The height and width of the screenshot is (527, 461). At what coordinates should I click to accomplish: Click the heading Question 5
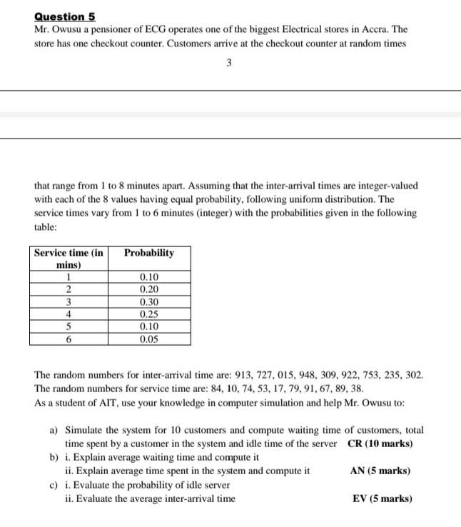[65, 16]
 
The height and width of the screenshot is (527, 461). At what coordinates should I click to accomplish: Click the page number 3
[228, 63]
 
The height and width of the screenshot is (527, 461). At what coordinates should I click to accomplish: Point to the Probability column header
[148, 254]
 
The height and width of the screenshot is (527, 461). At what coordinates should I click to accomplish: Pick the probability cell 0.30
[149, 301]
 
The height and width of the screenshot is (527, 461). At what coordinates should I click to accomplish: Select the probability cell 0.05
[149, 339]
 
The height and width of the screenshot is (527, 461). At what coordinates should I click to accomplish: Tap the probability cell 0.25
[149, 314]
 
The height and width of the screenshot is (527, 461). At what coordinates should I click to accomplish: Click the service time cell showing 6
[69, 339]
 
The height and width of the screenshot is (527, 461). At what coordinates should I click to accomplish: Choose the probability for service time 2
[149, 289]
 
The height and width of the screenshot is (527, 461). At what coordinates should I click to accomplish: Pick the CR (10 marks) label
[380, 443]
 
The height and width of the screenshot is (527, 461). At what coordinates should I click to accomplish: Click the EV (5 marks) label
[383, 498]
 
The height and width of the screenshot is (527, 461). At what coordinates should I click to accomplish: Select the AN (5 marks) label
[380, 471]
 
